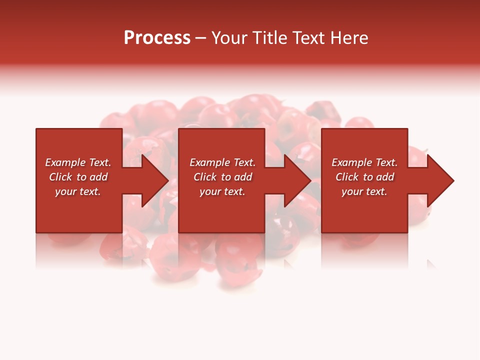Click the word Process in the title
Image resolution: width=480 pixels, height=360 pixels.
click(157, 38)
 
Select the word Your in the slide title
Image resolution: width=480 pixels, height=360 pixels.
click(229, 38)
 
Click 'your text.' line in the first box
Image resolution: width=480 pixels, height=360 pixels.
click(78, 191)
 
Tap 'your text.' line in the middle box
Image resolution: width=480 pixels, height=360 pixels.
click(222, 191)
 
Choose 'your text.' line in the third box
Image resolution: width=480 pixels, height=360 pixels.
click(364, 191)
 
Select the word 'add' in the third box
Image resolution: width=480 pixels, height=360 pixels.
click(385, 177)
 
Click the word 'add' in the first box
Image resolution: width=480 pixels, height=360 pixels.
click(98, 177)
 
